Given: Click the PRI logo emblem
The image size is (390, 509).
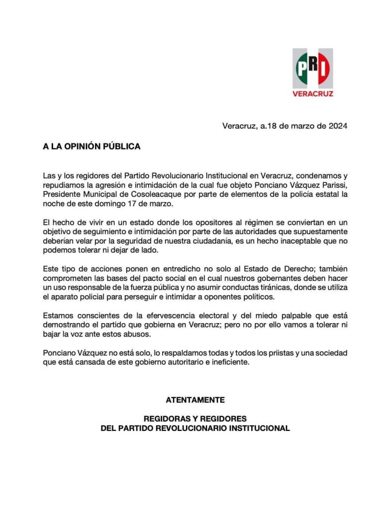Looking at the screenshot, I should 312,68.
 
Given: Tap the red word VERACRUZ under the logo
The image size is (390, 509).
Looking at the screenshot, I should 312,93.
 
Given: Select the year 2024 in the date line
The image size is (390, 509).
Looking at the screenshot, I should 337,126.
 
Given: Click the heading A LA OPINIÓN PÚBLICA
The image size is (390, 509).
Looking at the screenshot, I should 92,147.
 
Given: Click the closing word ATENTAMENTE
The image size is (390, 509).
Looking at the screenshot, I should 195,400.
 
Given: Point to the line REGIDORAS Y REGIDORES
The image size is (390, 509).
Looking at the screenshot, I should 195,419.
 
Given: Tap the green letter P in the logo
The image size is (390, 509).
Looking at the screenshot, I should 302,70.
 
